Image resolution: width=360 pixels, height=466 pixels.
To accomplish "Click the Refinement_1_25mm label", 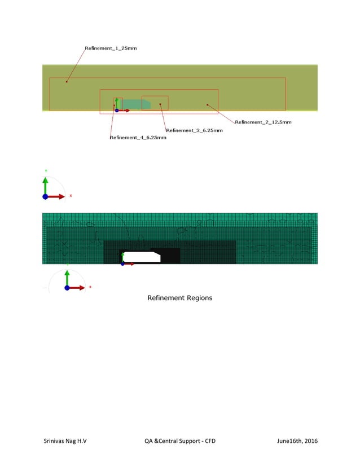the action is coord(111,49).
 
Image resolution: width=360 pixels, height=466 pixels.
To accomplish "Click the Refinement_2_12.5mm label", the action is coord(263,122).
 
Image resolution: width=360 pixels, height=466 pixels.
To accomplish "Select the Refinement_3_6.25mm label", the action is coord(194,130).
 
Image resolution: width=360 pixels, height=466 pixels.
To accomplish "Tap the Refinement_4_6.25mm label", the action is coord(138,138).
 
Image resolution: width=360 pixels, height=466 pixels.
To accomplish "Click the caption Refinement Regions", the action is coord(179,297).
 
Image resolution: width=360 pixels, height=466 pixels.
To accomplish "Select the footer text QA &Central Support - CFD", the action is coord(179,441).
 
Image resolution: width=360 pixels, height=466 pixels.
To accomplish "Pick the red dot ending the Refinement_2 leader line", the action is coord(208,104).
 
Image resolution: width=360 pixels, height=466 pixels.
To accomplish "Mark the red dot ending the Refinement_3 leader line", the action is coord(160,104).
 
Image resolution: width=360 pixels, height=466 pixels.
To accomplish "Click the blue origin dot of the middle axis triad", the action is coord(45,196).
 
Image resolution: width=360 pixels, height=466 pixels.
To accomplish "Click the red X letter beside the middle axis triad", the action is coord(71,196).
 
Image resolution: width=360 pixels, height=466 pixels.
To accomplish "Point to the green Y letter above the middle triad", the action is coord(45,170).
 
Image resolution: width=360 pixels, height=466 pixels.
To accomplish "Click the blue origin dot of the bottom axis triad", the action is coord(67,288).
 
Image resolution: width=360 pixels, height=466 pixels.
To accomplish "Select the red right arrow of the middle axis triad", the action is coord(58,196).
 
